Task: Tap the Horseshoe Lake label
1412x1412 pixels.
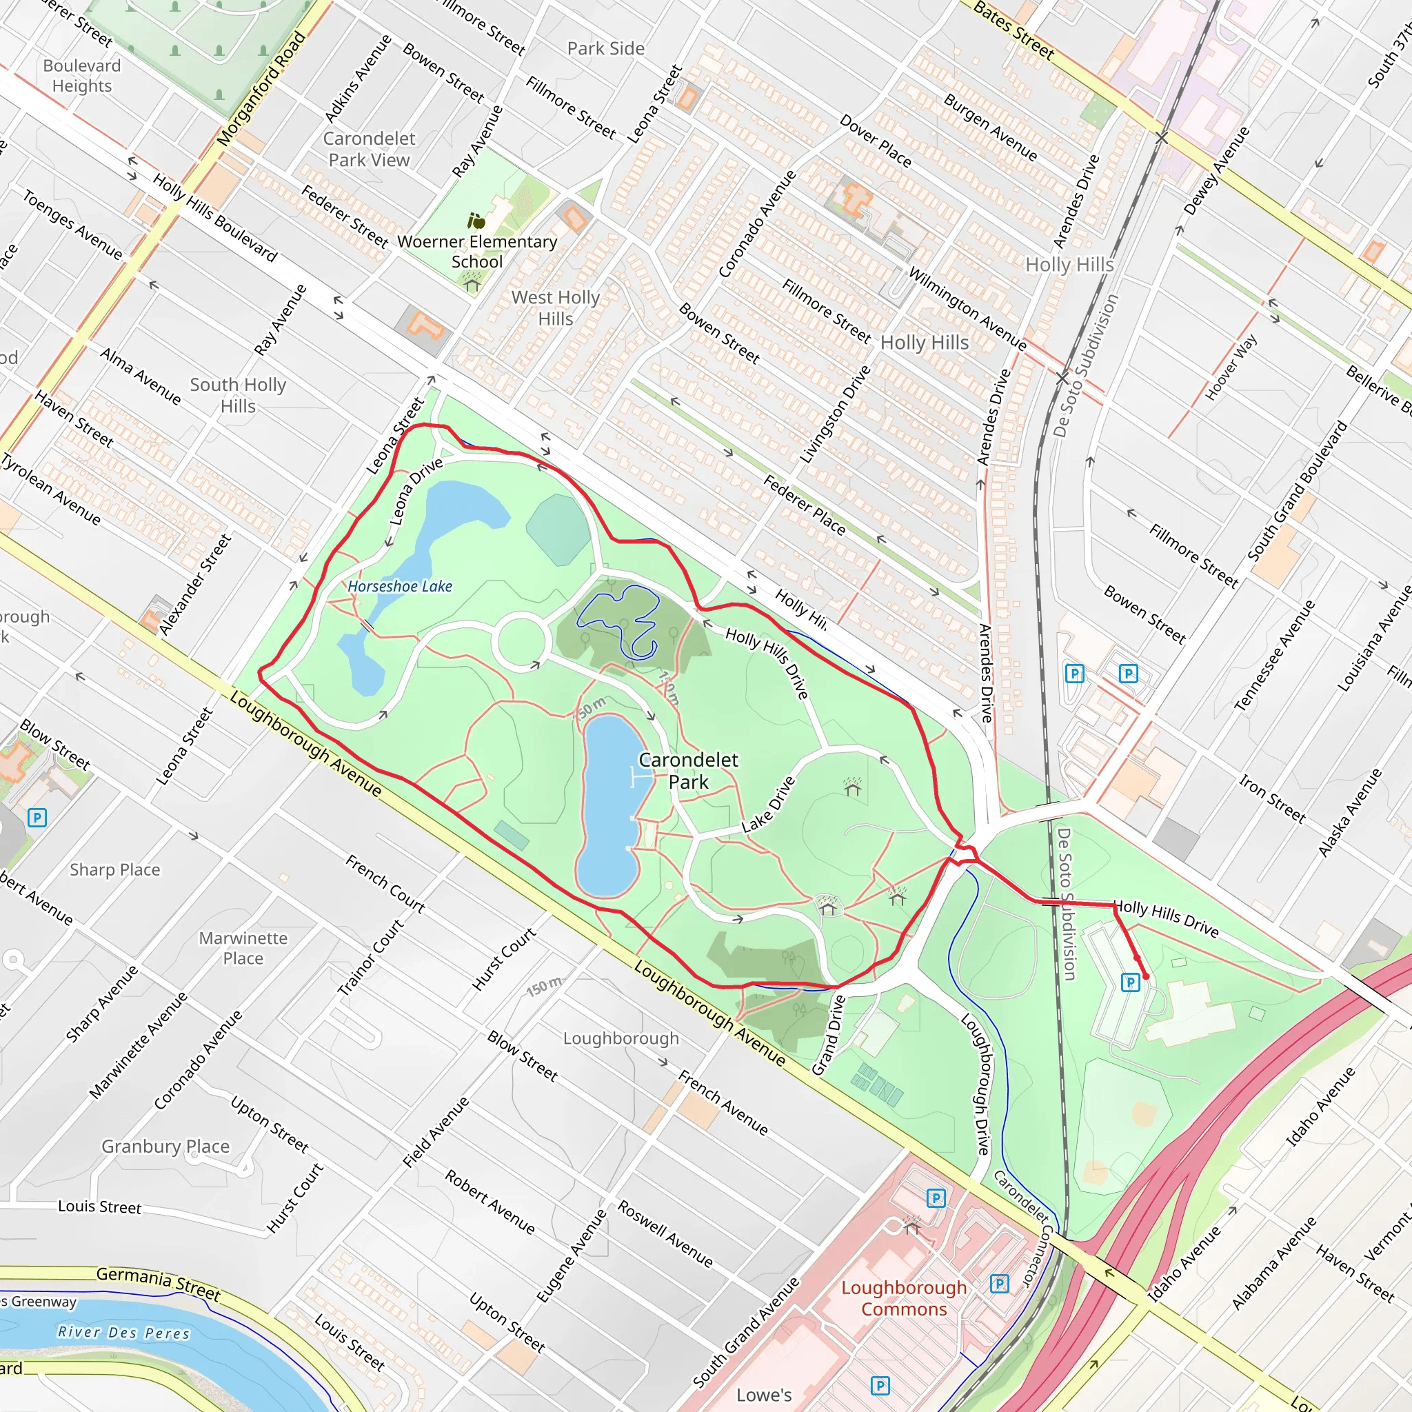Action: (400, 586)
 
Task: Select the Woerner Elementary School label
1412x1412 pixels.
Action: (476, 252)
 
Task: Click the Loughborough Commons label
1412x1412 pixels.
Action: (903, 1298)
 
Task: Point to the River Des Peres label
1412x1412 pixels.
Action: (123, 1331)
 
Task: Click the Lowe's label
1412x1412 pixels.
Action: (764, 1395)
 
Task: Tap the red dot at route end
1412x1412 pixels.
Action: (1145, 976)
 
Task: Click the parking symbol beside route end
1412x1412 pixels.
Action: (1130, 982)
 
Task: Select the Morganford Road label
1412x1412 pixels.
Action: (261, 88)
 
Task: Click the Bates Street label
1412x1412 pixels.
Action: (1013, 31)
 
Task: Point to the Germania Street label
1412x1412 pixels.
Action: (158, 1284)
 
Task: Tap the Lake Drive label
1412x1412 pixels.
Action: (768, 805)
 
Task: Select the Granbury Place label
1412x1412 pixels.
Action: (165, 1146)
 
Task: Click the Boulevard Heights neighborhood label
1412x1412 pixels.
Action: (81, 75)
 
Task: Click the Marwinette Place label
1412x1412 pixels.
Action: (243, 947)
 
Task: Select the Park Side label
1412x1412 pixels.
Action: (606, 48)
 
